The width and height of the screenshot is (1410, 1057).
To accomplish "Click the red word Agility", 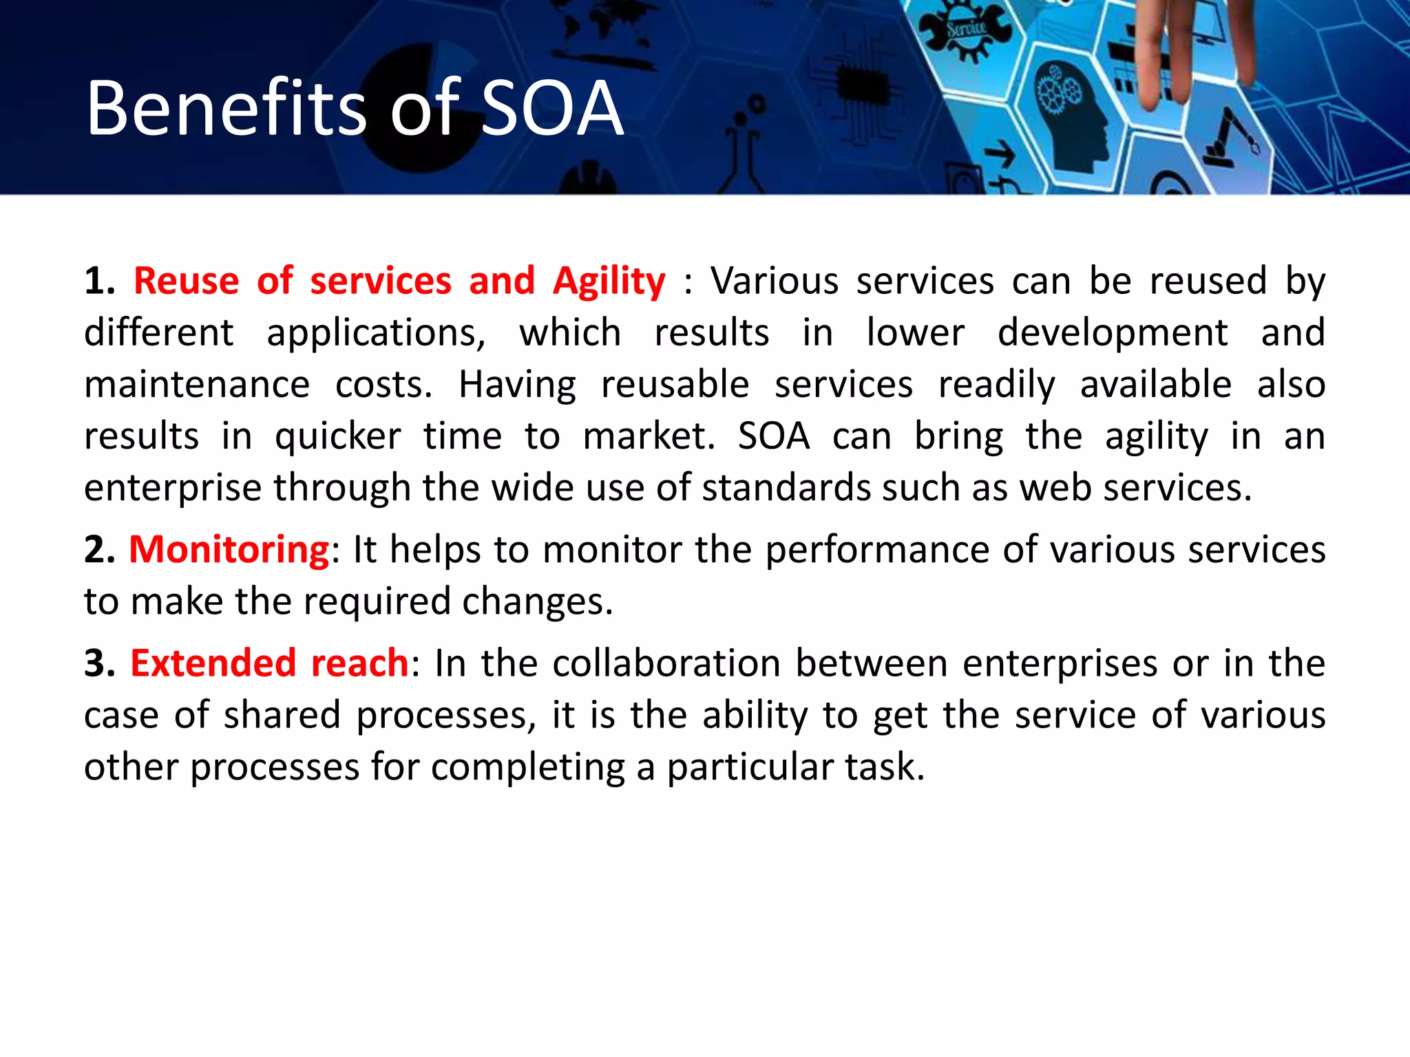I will [609, 282].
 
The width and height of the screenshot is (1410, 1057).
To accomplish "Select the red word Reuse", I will [186, 281].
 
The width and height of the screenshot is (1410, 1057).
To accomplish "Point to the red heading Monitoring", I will [229, 551].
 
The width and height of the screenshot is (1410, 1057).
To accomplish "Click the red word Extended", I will [213, 663].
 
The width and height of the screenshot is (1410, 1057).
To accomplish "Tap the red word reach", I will [359, 663].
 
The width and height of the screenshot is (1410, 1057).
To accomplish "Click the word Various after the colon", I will [774, 281].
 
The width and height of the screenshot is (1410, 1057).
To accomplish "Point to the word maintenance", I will [197, 385].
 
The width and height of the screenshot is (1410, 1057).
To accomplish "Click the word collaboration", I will [666, 663].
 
